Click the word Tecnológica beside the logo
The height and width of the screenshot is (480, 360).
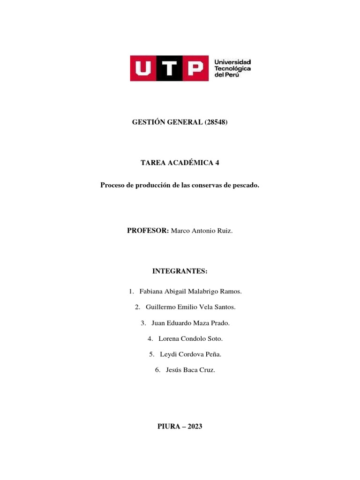pos(232,69)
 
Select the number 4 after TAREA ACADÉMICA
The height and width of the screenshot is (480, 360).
pos(217,163)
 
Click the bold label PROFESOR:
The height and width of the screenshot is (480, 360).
pos(148,231)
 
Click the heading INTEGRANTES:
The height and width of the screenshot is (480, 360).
pos(180,271)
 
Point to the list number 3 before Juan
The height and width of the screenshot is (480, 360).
pos(142,323)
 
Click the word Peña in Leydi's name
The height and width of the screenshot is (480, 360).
pos(211,354)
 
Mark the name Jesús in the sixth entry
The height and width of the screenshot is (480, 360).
pos(174,370)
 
